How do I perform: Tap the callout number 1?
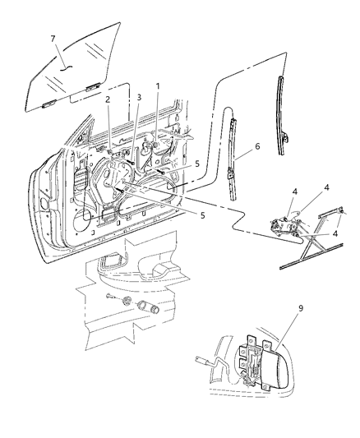click(158, 85)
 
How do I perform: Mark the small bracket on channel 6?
click(232, 174)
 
